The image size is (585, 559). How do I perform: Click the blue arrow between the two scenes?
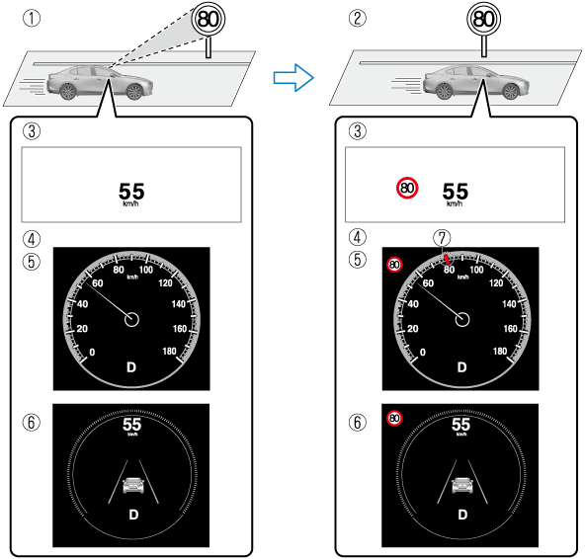(293, 78)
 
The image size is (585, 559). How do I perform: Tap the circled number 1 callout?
(32, 19)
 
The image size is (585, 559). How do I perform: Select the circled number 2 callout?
(357, 19)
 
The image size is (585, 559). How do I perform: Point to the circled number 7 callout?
(442, 238)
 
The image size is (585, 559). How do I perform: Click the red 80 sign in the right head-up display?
(407, 188)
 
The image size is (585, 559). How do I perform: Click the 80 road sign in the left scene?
(209, 19)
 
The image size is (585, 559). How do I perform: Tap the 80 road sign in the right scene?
(483, 19)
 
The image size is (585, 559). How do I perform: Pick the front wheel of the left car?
(134, 92)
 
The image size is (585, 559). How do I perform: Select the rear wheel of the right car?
(444, 91)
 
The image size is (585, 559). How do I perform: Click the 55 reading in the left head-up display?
(131, 192)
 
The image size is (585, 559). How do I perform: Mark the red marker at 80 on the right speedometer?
(447, 260)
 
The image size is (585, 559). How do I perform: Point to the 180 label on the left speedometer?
(169, 351)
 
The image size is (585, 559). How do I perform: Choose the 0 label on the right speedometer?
(422, 352)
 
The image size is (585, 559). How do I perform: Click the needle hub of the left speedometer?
(131, 319)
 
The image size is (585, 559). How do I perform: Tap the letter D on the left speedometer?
(131, 367)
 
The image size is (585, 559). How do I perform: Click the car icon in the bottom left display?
(133, 485)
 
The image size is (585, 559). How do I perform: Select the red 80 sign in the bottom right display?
(394, 419)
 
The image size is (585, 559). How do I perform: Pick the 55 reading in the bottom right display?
(460, 425)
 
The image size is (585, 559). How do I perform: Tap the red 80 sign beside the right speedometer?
(394, 265)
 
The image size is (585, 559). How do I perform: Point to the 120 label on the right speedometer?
(496, 283)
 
